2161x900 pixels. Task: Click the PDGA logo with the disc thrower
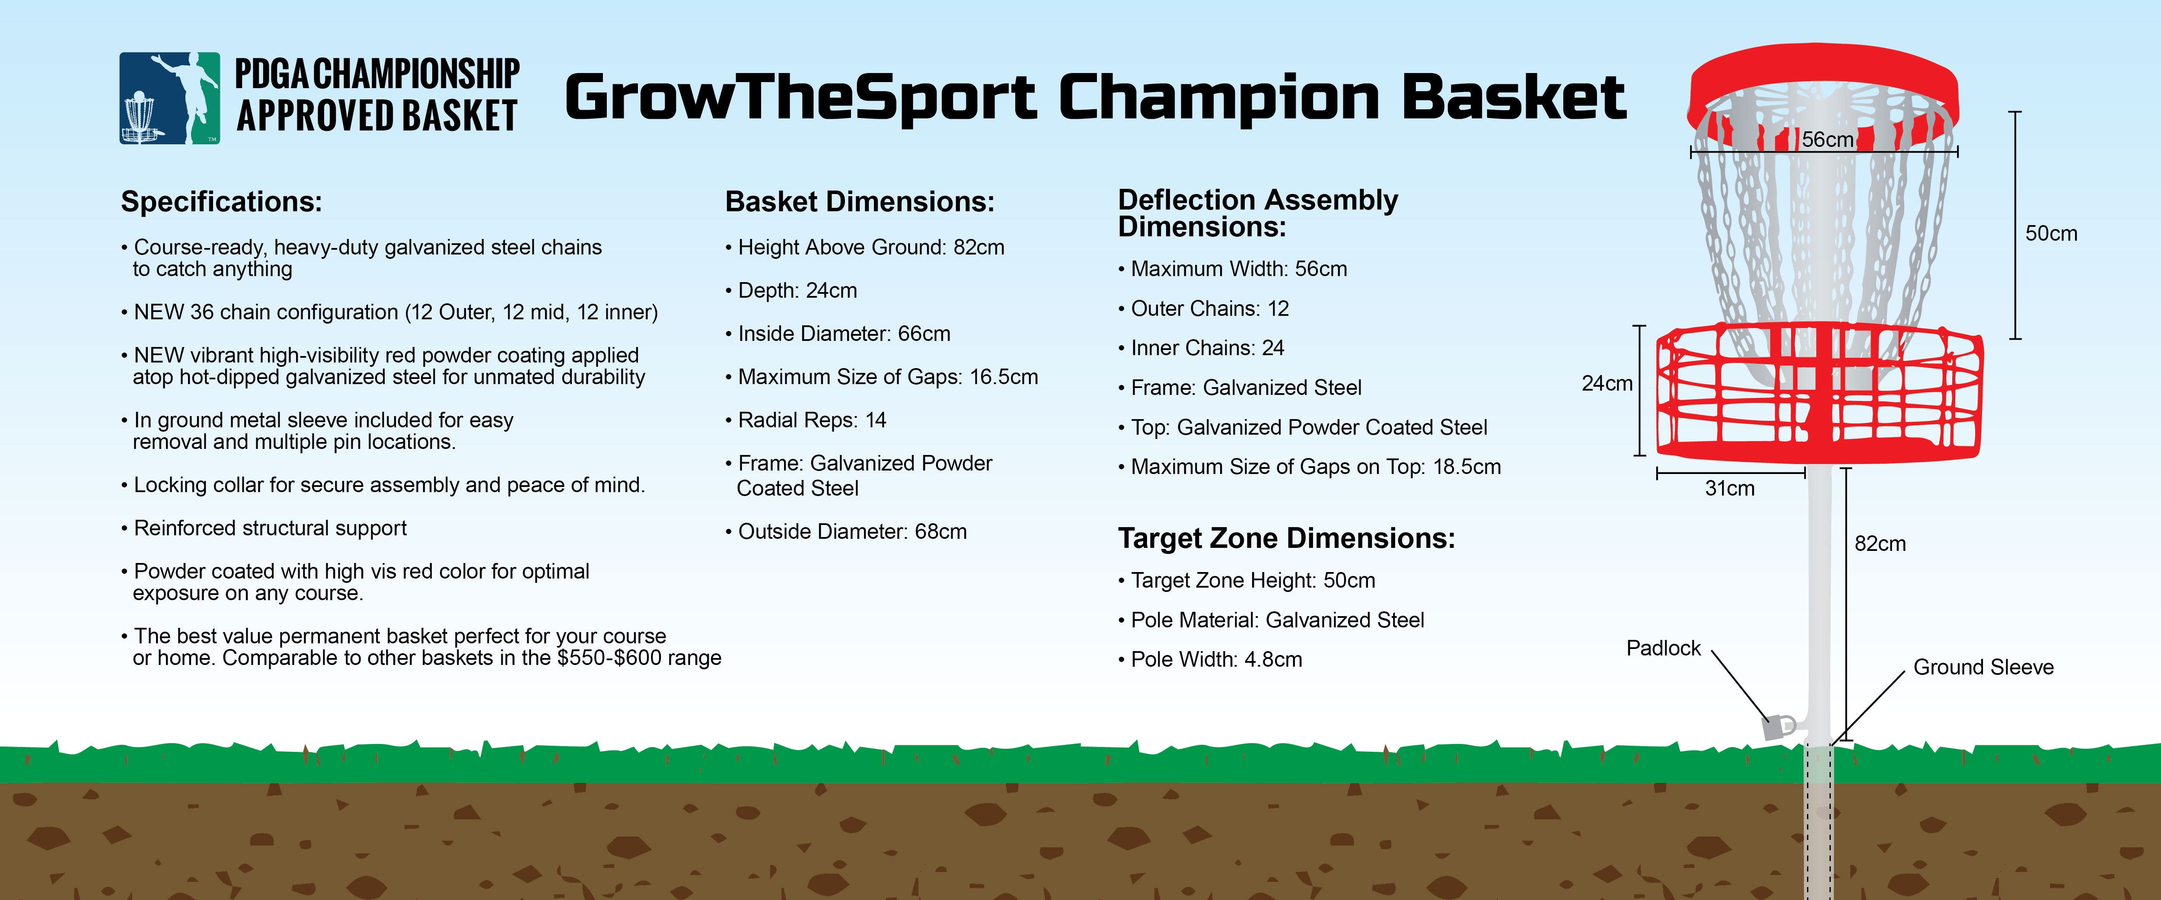169,98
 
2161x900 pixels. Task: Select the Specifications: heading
221,202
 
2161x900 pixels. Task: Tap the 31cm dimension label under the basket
1729,488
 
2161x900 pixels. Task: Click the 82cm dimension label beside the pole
1880,544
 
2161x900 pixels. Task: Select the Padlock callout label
1663,649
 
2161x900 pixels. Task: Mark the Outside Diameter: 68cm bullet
846,532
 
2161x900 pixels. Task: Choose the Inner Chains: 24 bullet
1202,348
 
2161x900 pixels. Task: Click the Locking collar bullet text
383,485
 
